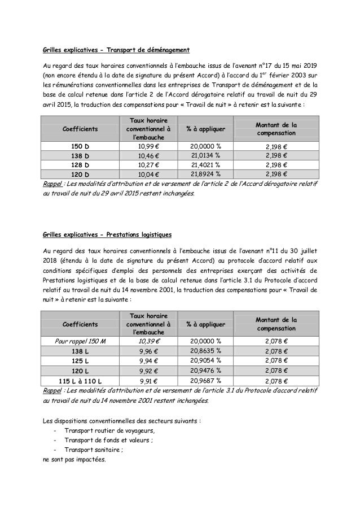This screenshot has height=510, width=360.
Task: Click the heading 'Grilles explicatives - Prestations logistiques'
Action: (x=116, y=234)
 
